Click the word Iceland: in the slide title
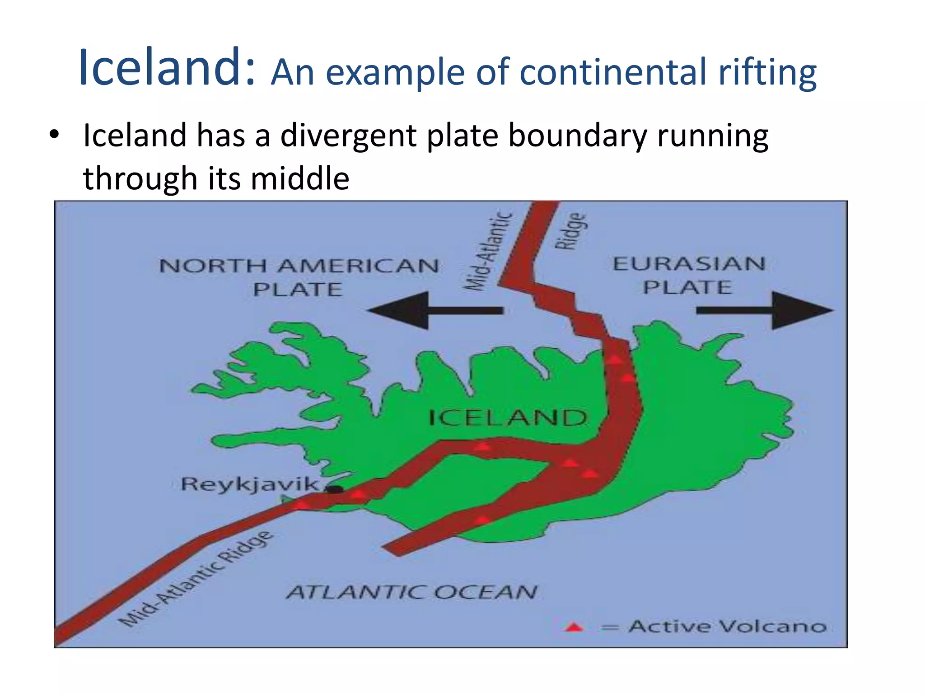click(168, 67)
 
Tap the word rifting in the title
click(767, 73)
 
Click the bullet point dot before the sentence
click(54, 135)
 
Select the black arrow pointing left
click(434, 310)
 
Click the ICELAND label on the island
click(508, 418)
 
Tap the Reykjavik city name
click(249, 484)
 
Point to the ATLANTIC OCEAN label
click(411, 592)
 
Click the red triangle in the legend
click(574, 627)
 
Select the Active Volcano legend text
click(727, 627)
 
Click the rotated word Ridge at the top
click(571, 231)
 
